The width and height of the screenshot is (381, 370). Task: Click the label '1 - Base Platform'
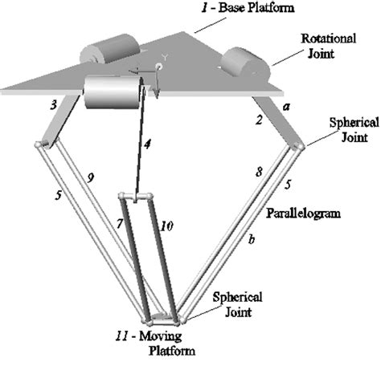coord(248,7)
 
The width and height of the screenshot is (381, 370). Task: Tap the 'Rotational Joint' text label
coord(329,46)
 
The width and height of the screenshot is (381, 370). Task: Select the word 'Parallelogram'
coord(303,213)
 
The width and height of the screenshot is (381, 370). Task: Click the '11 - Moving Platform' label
coord(155,344)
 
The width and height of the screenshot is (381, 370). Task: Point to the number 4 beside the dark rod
coord(147,144)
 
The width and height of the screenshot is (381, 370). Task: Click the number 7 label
coord(120,223)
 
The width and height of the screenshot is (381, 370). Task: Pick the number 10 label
coord(166,226)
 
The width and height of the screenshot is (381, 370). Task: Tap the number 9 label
coord(91,177)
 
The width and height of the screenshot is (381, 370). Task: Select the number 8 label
coord(259,172)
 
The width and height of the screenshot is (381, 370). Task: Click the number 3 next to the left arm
coord(54,105)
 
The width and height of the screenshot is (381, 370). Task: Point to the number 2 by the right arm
coord(259,120)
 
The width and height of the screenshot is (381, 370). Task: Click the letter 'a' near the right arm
coord(286,107)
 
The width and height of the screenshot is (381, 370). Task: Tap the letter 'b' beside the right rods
coord(252,239)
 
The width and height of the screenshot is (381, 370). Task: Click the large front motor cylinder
coord(113,92)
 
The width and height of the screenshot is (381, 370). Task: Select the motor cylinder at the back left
coord(110,49)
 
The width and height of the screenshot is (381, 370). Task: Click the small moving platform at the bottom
coord(162,319)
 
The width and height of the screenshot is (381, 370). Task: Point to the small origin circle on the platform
coord(158,66)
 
